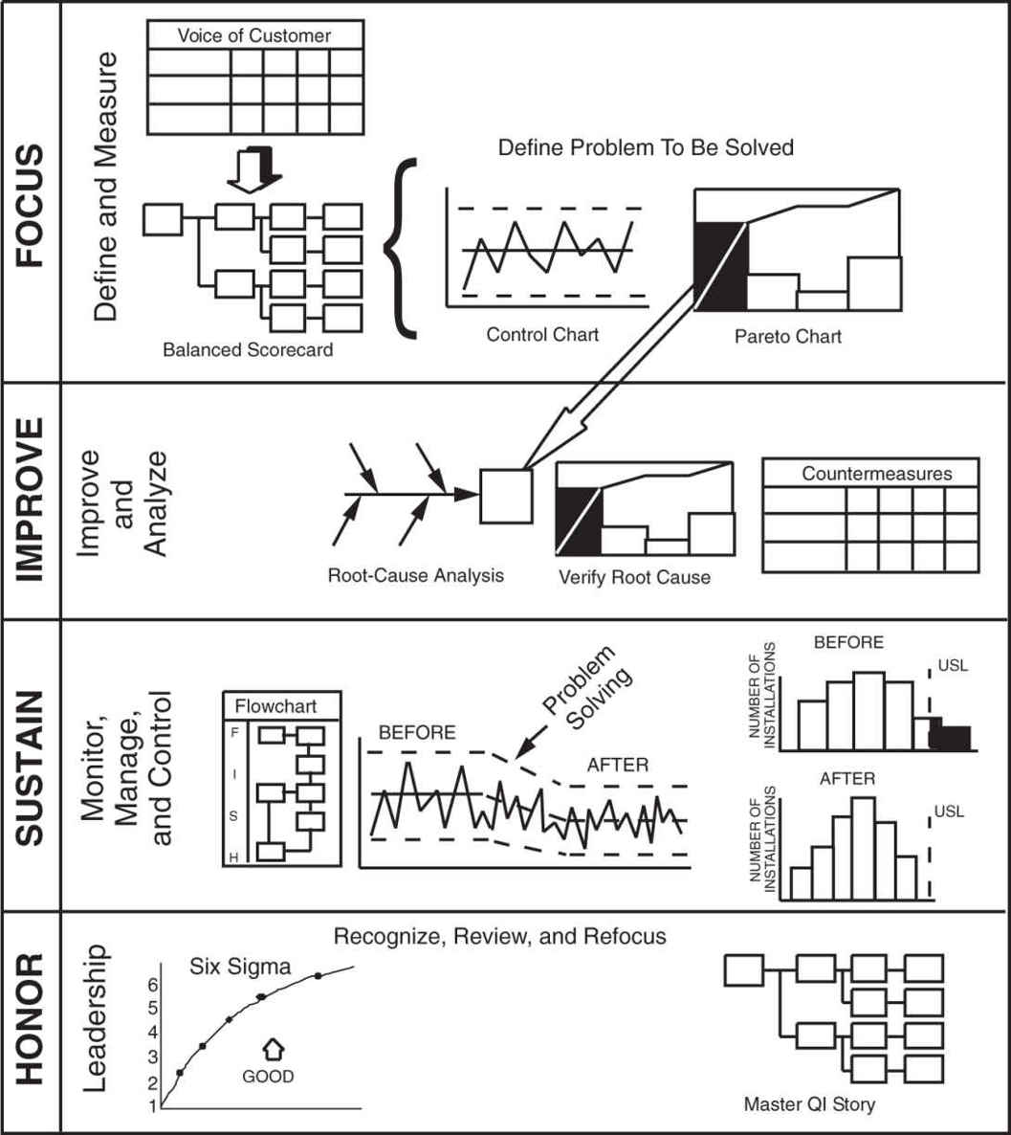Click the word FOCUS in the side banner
(32, 207)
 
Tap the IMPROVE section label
(32, 499)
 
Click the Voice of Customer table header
(254, 36)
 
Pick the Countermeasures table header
(877, 474)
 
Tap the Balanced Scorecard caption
(248, 349)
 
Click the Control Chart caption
(542, 335)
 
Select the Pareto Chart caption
(788, 337)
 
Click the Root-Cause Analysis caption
(415, 576)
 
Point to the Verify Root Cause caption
(634, 578)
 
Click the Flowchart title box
(281, 707)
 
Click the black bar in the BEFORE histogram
(954, 737)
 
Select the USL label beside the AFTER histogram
(951, 812)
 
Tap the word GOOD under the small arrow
(268, 1076)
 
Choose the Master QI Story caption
(809, 1104)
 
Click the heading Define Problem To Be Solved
(646, 148)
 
